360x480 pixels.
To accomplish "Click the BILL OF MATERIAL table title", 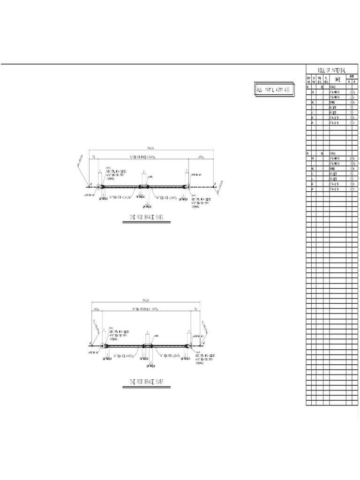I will (x=332, y=69).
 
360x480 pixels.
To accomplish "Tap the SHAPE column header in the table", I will (x=337, y=79).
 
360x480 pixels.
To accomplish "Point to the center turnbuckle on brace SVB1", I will (x=143, y=186).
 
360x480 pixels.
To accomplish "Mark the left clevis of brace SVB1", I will (x=101, y=187).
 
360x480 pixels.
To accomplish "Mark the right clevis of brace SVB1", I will (x=187, y=187).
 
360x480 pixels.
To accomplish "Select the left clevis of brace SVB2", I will (x=106, y=346).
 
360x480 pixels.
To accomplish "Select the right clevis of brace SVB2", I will (x=189, y=346).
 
